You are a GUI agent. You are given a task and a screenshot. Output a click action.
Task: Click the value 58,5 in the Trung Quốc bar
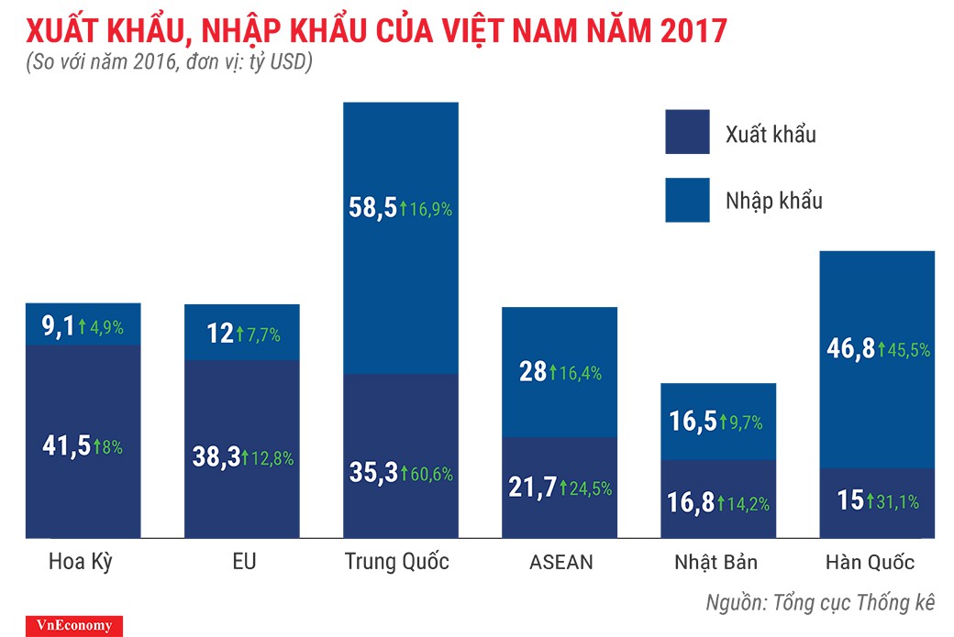pyautogui.click(x=372, y=208)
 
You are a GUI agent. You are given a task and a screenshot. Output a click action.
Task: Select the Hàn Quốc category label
pyautogui.click(x=869, y=561)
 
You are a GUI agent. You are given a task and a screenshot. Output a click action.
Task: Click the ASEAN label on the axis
pyautogui.click(x=560, y=561)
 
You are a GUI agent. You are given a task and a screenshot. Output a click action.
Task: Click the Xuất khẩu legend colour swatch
pyautogui.click(x=687, y=132)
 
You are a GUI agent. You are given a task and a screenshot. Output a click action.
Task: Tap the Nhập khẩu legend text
pyautogui.click(x=773, y=201)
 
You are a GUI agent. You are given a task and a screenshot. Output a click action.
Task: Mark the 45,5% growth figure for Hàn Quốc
pyautogui.click(x=909, y=349)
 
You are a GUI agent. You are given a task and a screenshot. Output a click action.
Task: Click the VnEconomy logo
pyautogui.click(x=61, y=626)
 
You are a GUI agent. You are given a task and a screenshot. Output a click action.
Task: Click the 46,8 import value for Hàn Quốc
pyautogui.click(x=846, y=348)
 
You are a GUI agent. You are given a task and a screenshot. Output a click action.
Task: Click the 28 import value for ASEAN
pyautogui.click(x=531, y=371)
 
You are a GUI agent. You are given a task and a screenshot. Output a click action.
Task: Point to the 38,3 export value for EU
pyautogui.click(x=216, y=458)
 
